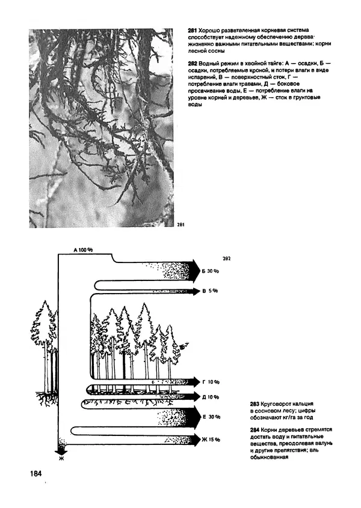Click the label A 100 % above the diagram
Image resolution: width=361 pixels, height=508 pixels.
pyautogui.click(x=83, y=249)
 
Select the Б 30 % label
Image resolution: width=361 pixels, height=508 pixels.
pyautogui.click(x=209, y=271)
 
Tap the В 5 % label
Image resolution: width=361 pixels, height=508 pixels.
pyautogui.click(x=209, y=291)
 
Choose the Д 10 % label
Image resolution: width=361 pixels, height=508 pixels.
pyautogui.click(x=211, y=397)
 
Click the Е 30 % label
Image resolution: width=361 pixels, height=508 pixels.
pyautogui.click(x=211, y=417)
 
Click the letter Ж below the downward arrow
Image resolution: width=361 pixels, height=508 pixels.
pyautogui.click(x=60, y=459)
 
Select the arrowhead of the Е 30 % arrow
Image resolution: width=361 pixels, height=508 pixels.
pyautogui.click(x=193, y=416)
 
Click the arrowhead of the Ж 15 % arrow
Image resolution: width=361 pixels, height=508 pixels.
pyautogui.click(x=194, y=439)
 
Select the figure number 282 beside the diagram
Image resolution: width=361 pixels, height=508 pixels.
pyautogui.click(x=226, y=259)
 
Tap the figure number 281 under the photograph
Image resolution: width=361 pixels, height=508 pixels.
pyautogui.click(x=181, y=225)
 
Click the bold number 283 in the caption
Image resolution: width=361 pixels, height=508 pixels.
pyautogui.click(x=253, y=403)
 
